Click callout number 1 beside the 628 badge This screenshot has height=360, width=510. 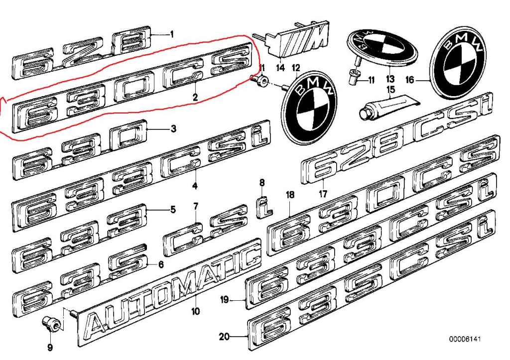171,34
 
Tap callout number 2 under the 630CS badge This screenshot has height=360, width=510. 195,98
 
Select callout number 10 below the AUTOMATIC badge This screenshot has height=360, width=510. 195,312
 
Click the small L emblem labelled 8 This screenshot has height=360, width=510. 263,206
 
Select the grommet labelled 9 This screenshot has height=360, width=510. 52,324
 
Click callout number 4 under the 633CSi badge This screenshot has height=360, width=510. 195,187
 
